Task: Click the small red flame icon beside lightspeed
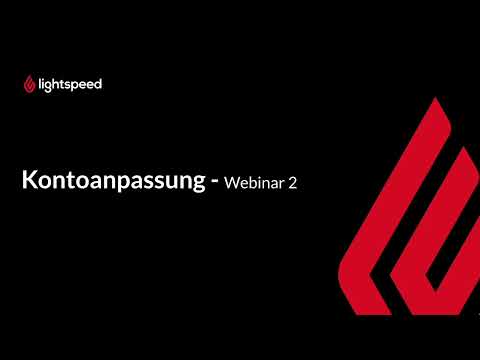pos(29,85)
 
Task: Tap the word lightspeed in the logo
pos(69,84)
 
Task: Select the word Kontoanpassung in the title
pos(112,183)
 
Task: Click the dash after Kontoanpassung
pos(213,184)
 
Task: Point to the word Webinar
pos(256,184)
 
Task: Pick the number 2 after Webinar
pos(293,184)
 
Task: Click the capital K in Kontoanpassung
pos(30,183)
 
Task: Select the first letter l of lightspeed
pos(40,84)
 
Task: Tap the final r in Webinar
pos(284,185)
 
